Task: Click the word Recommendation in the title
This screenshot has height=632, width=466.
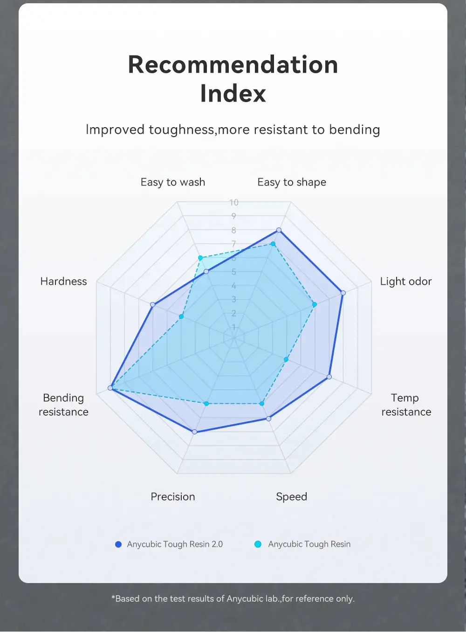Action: tap(233, 64)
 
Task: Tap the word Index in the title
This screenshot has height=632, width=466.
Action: tap(233, 93)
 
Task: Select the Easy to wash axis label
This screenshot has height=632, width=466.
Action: tap(173, 182)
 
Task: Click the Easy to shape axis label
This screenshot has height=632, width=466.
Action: tap(292, 182)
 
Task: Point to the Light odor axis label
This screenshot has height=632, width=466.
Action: tap(406, 282)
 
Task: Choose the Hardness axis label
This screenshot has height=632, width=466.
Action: tap(64, 282)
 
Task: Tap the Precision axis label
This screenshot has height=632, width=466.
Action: tap(173, 497)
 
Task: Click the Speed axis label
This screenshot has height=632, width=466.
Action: tap(292, 497)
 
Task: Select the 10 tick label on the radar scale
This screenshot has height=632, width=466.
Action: tap(234, 202)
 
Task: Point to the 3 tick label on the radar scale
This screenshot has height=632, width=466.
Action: tap(234, 299)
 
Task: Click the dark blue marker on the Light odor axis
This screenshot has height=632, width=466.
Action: tap(343, 293)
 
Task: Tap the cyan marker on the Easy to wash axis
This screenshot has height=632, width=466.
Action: tap(200, 258)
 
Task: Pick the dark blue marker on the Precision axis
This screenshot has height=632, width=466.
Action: tap(195, 432)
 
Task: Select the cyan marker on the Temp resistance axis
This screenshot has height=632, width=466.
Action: tap(286, 359)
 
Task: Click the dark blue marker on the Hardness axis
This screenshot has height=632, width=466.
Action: tap(152, 305)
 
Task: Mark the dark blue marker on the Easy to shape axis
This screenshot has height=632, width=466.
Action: tap(279, 230)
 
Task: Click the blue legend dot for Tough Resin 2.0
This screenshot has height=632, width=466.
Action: tap(118, 544)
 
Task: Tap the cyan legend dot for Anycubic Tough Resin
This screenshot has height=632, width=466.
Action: tap(258, 544)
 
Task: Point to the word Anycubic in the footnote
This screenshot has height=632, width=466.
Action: tap(245, 599)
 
